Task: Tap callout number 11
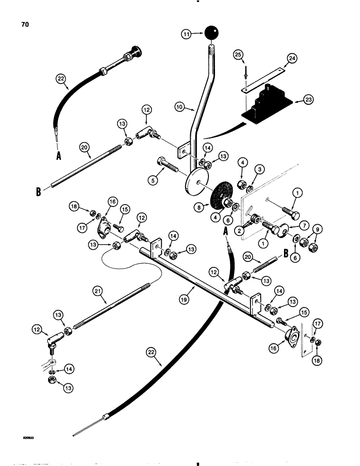coord(186,34)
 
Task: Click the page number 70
coord(25,25)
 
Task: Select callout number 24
coord(292,59)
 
